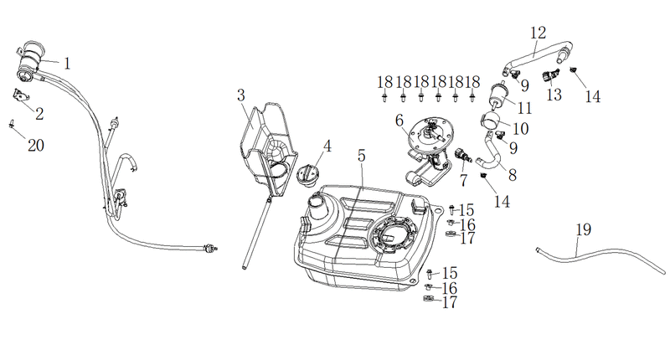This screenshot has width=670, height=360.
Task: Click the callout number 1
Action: (x=67, y=64)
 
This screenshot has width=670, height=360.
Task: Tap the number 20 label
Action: (x=36, y=146)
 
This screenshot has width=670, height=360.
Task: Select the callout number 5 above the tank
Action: (x=362, y=156)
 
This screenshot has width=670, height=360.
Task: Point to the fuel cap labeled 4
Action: (x=307, y=175)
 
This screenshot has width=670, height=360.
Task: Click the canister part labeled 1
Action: (x=29, y=61)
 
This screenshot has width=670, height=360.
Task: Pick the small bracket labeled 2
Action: (x=20, y=95)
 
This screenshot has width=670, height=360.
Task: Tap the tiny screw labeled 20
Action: (x=12, y=124)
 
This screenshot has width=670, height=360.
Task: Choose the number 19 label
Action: (x=583, y=229)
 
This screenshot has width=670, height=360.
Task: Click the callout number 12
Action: (x=539, y=33)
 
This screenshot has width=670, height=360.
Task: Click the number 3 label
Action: (x=241, y=95)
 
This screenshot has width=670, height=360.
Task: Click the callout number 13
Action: (x=554, y=95)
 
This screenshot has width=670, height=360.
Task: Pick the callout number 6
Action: (x=399, y=121)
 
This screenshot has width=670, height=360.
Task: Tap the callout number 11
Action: (x=525, y=109)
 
